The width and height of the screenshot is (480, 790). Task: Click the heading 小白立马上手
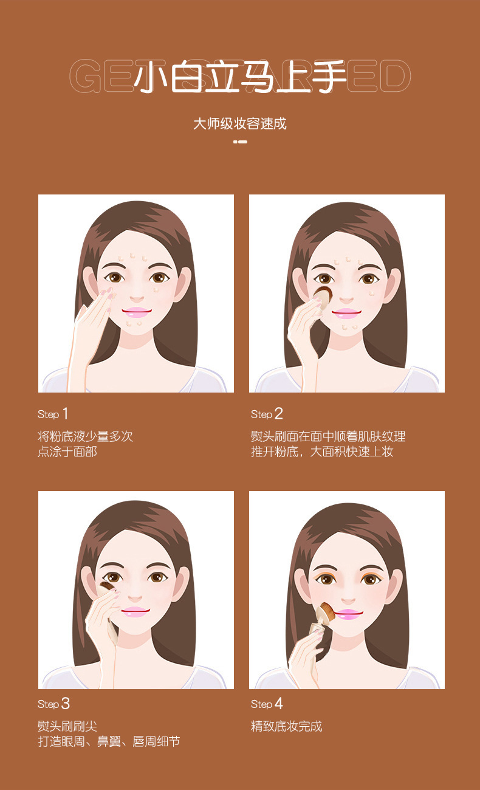[240, 77]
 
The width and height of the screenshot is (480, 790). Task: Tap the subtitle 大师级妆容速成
[240, 124]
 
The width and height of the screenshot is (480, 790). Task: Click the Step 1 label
[53, 414]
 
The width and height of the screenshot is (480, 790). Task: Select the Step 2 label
[267, 414]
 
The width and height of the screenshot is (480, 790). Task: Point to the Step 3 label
[53, 704]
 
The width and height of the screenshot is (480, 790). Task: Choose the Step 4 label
[267, 704]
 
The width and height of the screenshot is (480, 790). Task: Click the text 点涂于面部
[67, 452]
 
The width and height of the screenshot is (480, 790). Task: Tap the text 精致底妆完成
[287, 726]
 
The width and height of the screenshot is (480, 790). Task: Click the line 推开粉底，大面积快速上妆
[322, 452]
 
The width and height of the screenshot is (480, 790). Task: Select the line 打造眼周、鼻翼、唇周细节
[109, 741]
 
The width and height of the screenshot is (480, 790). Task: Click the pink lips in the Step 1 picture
[136, 312]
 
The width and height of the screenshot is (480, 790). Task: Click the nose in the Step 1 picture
[137, 298]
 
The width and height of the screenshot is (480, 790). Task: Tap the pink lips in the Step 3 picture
[135, 610]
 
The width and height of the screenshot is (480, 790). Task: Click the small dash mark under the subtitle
[240, 142]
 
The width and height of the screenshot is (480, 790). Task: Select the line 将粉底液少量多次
[85, 436]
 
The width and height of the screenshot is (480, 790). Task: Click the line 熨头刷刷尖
[67, 726]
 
